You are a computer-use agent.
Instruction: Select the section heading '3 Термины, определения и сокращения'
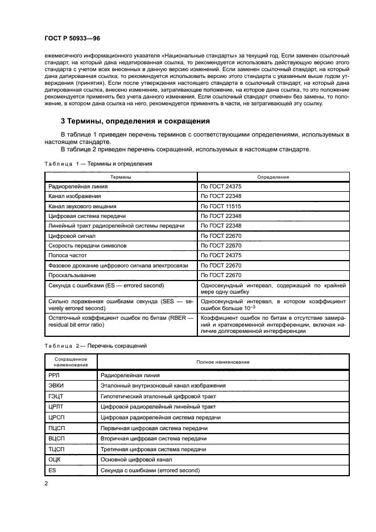[135, 121]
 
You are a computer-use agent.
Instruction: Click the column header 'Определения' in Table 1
[273, 177]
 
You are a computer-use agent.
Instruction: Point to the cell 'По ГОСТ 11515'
[221, 206]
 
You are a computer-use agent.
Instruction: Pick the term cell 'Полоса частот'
[67, 255]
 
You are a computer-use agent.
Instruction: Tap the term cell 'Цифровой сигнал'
[71, 236]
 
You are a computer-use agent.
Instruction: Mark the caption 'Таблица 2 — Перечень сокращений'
[96, 345]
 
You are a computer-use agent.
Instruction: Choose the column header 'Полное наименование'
[223, 362]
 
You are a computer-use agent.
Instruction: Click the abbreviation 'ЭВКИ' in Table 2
[57, 385]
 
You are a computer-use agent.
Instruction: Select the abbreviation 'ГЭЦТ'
[57, 395]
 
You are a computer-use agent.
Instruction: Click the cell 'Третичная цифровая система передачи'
[153, 449]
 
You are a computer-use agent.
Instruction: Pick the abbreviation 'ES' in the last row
[52, 469]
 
